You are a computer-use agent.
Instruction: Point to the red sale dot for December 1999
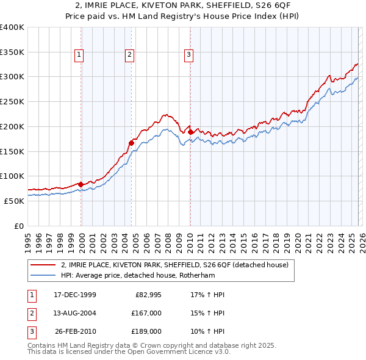81,184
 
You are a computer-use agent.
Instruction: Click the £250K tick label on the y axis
12,102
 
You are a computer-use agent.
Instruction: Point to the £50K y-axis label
14,201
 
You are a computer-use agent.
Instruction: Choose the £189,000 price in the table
146,331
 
